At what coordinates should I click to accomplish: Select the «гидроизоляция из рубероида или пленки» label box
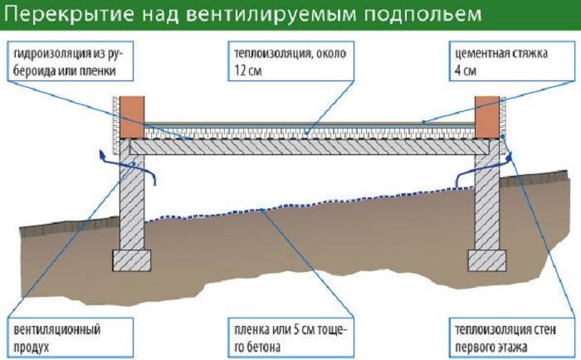(66, 61)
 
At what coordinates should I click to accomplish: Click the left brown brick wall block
(132, 115)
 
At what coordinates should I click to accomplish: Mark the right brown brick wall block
(489, 115)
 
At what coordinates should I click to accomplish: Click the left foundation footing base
(133, 258)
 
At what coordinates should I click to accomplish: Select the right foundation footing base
(488, 259)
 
